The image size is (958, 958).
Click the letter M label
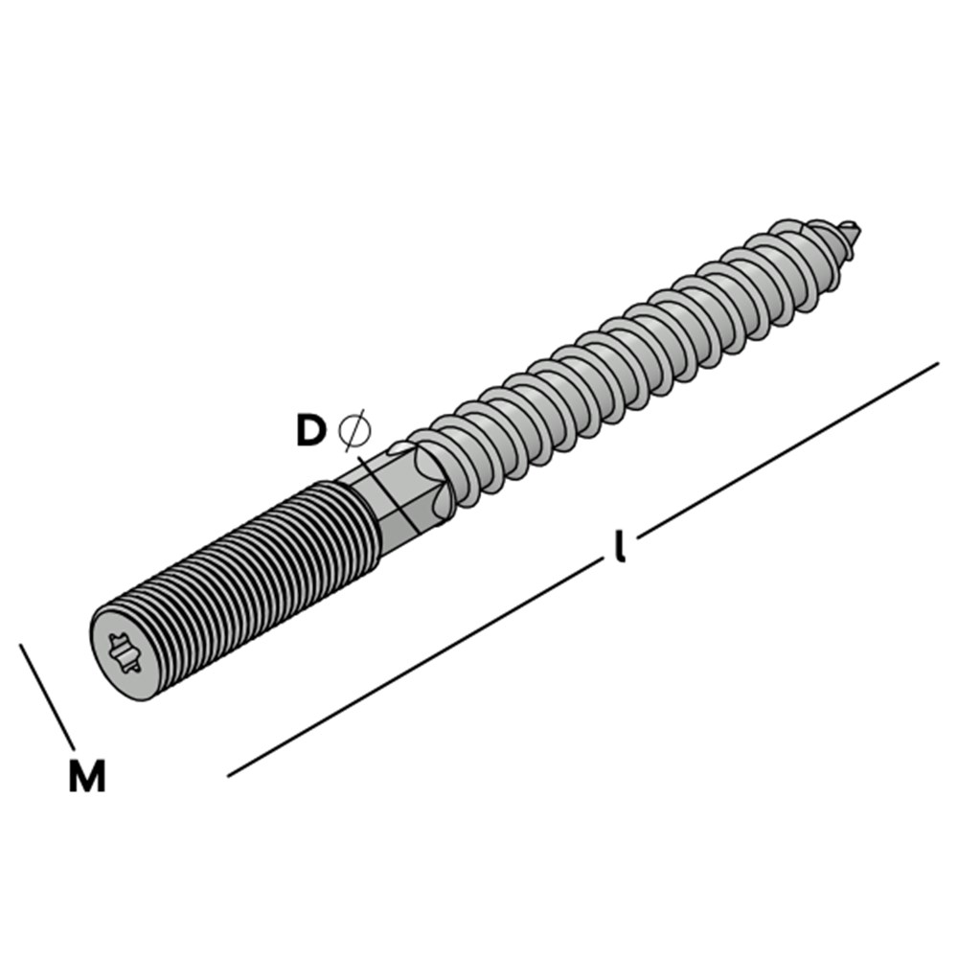pyautogui.click(x=86, y=776)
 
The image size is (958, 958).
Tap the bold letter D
pyautogui.click(x=310, y=431)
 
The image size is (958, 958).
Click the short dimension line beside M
pyautogui.click(x=46, y=695)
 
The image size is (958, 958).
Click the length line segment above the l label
pyautogui.click(x=786, y=446)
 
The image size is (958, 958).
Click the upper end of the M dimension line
pyautogui.click(x=21, y=645)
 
